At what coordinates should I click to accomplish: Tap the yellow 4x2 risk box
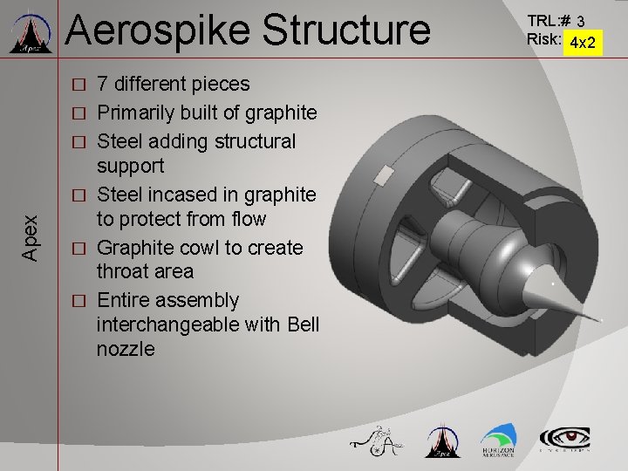coord(582,41)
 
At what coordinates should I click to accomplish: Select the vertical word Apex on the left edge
coord(30,238)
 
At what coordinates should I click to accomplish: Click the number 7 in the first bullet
coord(103,85)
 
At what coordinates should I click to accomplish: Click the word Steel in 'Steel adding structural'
coord(120,141)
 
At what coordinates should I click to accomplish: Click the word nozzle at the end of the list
coord(126,349)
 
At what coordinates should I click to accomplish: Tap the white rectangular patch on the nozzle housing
coord(382,176)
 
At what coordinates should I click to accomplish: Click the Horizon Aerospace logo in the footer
coord(497,440)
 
